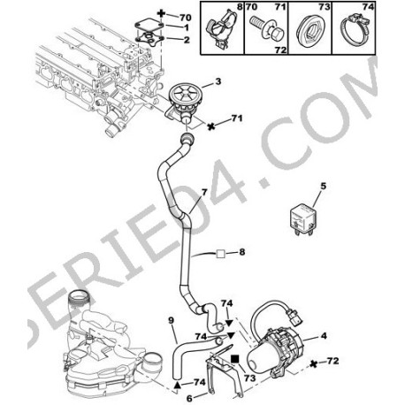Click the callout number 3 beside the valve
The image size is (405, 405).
(x=218, y=81)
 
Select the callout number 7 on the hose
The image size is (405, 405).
(x=204, y=192)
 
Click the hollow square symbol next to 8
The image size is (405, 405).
(x=221, y=254)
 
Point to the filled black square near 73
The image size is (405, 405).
(x=235, y=359)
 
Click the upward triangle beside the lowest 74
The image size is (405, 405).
(x=177, y=385)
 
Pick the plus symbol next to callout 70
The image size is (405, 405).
(x=161, y=13)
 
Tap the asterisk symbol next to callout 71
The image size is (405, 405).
(x=210, y=126)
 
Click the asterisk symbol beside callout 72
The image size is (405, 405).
(x=314, y=363)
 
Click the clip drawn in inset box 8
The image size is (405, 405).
(x=222, y=28)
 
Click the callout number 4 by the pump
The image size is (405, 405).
(x=324, y=335)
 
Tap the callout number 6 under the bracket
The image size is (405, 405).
(x=189, y=398)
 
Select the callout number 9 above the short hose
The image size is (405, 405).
(x=172, y=320)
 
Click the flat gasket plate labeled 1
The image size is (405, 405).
(x=149, y=26)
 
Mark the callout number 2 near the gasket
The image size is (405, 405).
(x=187, y=40)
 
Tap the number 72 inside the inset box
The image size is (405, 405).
(x=280, y=50)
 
